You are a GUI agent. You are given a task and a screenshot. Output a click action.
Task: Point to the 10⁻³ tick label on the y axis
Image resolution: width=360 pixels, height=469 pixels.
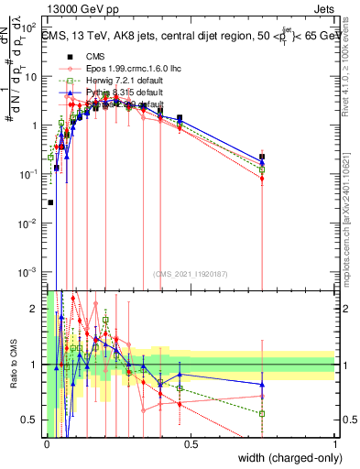pos(30,272)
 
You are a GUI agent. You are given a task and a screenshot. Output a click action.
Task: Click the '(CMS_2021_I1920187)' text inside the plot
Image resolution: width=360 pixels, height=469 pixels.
pos(191,273)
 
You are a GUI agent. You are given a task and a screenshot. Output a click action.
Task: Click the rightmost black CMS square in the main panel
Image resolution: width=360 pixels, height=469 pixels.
pos(262,157)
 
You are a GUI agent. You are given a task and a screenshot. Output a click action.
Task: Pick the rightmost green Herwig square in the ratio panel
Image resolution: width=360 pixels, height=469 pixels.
pos(262,413)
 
